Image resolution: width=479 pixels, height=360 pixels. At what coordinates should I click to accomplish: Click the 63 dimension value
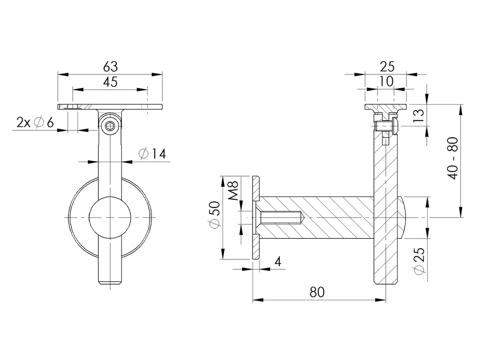pyautogui.click(x=110, y=66)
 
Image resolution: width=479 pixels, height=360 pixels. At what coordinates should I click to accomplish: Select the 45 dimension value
pyautogui.click(x=110, y=82)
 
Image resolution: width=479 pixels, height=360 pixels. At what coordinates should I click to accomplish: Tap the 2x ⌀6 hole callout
pyautogui.click(x=35, y=122)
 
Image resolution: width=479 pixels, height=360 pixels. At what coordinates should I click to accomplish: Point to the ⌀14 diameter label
pyautogui.click(x=152, y=153)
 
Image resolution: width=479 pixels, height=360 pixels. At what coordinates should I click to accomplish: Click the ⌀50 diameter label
pyautogui.click(x=214, y=214)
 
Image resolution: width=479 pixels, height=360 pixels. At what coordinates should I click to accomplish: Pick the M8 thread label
pyautogui.click(x=233, y=190)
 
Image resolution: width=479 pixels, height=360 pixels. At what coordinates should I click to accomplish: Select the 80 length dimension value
pyautogui.click(x=317, y=292)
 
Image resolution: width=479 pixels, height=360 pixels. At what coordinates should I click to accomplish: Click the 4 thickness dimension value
pyautogui.click(x=278, y=262)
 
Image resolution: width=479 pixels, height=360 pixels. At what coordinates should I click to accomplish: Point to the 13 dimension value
pyautogui.click(x=419, y=115)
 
